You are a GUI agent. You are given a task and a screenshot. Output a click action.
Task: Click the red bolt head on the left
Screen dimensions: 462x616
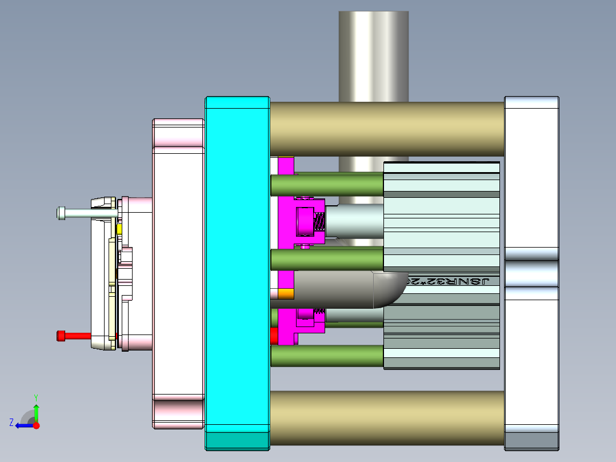pyautogui.click(x=61, y=336)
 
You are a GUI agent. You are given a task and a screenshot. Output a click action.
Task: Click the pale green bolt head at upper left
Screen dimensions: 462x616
pyautogui.click(x=61, y=213)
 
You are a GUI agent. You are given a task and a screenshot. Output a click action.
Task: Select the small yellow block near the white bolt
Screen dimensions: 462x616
pyautogui.click(x=119, y=229)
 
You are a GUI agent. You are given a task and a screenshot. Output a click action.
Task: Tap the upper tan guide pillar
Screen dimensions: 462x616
pyautogui.click(x=386, y=129)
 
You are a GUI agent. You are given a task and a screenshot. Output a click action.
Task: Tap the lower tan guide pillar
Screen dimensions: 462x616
pyautogui.click(x=386, y=418)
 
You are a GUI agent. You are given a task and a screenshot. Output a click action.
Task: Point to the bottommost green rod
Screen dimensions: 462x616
pyautogui.click(x=326, y=355)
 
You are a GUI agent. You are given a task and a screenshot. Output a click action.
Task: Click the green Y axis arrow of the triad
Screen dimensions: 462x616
pyautogui.click(x=36, y=411)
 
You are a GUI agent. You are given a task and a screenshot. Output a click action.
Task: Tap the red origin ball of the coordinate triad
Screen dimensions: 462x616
pyautogui.click(x=37, y=425)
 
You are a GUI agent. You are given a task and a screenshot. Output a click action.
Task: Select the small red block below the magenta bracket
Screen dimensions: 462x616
pyautogui.click(x=273, y=336)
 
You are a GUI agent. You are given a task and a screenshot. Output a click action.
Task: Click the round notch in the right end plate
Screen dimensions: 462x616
pyautogui.click(x=531, y=273)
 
